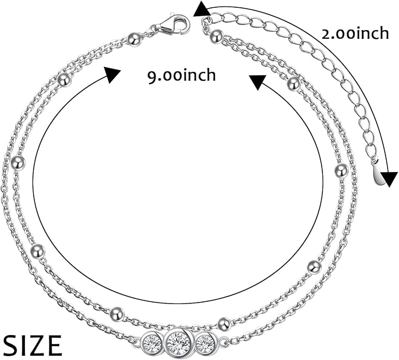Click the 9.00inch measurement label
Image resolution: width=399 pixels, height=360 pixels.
click(x=182, y=75)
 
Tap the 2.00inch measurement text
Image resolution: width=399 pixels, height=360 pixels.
click(x=355, y=34)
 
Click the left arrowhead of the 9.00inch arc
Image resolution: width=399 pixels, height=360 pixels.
click(x=111, y=75)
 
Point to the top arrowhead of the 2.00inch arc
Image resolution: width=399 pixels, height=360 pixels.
click(x=201, y=9)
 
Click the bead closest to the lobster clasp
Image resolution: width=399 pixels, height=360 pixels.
click(x=134, y=39)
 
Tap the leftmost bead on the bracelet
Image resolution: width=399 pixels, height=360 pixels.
click(x=19, y=162)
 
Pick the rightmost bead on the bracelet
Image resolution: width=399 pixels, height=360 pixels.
click(x=341, y=171)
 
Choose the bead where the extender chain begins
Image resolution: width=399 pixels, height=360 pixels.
click(x=217, y=36)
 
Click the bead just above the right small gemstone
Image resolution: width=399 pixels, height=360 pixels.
click(x=224, y=324)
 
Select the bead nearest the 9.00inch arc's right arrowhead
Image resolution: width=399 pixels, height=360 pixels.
click(x=294, y=83)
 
